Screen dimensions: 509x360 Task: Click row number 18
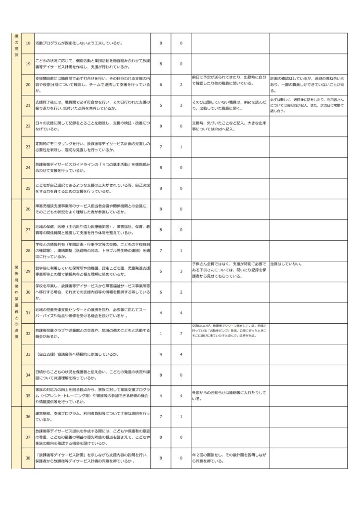(28, 43)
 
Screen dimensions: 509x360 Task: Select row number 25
(28, 188)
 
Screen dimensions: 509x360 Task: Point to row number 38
(28, 458)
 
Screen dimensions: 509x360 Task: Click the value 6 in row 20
(161, 85)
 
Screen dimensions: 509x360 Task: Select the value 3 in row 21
(181, 105)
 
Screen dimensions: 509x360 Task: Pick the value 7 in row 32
(181, 334)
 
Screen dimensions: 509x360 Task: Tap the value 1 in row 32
(161, 334)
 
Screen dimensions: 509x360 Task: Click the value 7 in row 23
(161, 147)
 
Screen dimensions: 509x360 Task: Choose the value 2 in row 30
(181, 292)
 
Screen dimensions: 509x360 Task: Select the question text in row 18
(79, 43)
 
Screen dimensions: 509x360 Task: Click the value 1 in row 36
(181, 417)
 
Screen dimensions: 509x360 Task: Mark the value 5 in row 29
(161, 271)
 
